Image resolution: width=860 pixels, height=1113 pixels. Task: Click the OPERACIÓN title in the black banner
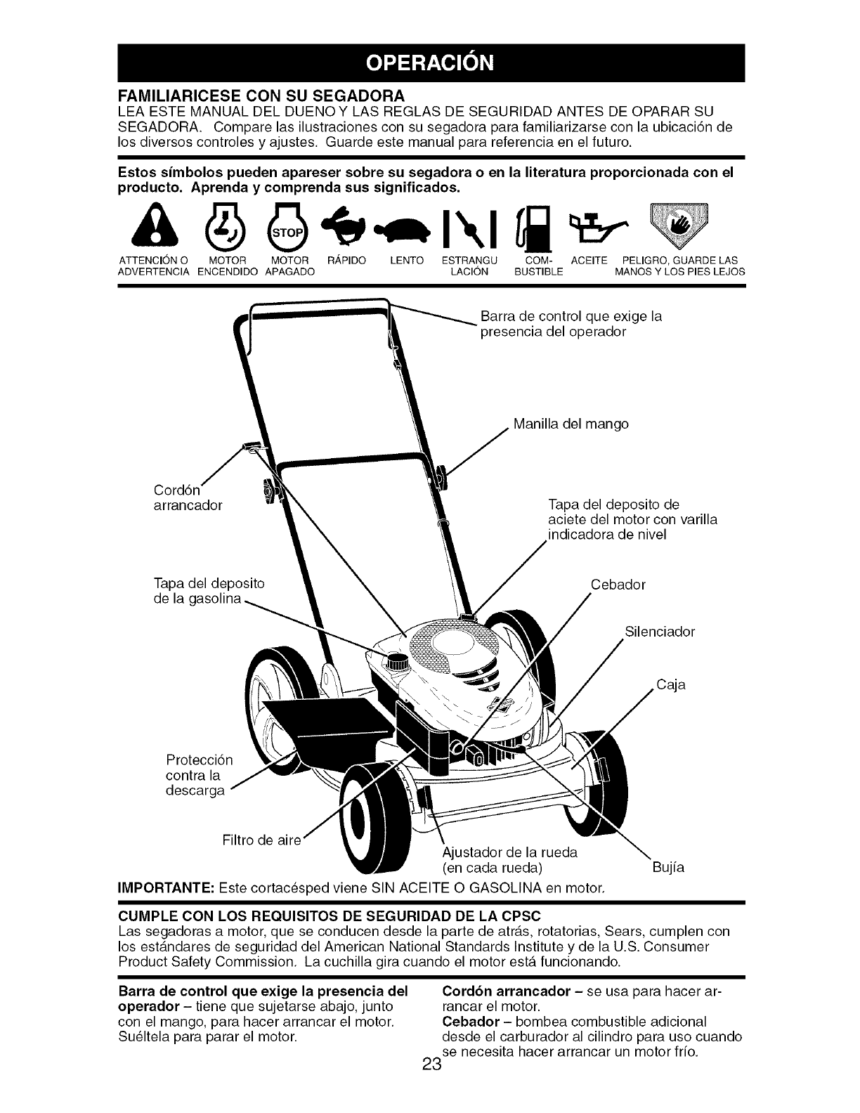pos(429,63)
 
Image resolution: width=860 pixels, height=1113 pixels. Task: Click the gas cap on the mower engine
pos(398,660)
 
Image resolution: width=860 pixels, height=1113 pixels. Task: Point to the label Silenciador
pos(659,632)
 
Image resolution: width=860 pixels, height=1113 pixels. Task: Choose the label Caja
pos(671,684)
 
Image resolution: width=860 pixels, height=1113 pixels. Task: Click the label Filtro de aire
pos(261,840)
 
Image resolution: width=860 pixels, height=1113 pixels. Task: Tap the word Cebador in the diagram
pos(618,585)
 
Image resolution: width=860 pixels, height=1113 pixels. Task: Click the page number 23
pos(431,1083)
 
